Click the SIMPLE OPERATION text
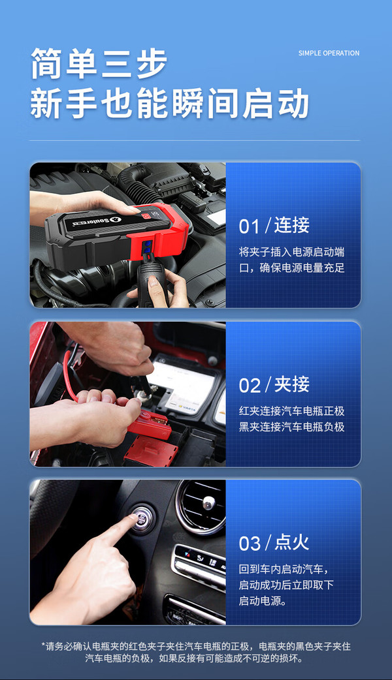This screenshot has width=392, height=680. pos(329,53)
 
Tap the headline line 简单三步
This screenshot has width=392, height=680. pos(99,63)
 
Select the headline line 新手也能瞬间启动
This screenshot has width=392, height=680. pos(169,103)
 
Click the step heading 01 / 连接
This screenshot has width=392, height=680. pos(274,226)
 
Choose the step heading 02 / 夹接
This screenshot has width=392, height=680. pos(274,384)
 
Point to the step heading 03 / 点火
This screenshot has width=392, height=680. pos(274,543)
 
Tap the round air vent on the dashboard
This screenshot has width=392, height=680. pos(203,505)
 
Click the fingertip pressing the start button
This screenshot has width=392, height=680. pos(133,518)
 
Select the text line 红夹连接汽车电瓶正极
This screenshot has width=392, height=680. pos(292,410)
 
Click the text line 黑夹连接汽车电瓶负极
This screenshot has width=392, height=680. pos(292,427)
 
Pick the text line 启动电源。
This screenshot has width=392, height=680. pos(263,600)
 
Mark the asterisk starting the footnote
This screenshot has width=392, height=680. pos(43,645)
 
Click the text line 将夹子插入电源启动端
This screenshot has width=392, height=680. pos(292,252)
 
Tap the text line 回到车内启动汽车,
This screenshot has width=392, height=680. pos(284,569)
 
